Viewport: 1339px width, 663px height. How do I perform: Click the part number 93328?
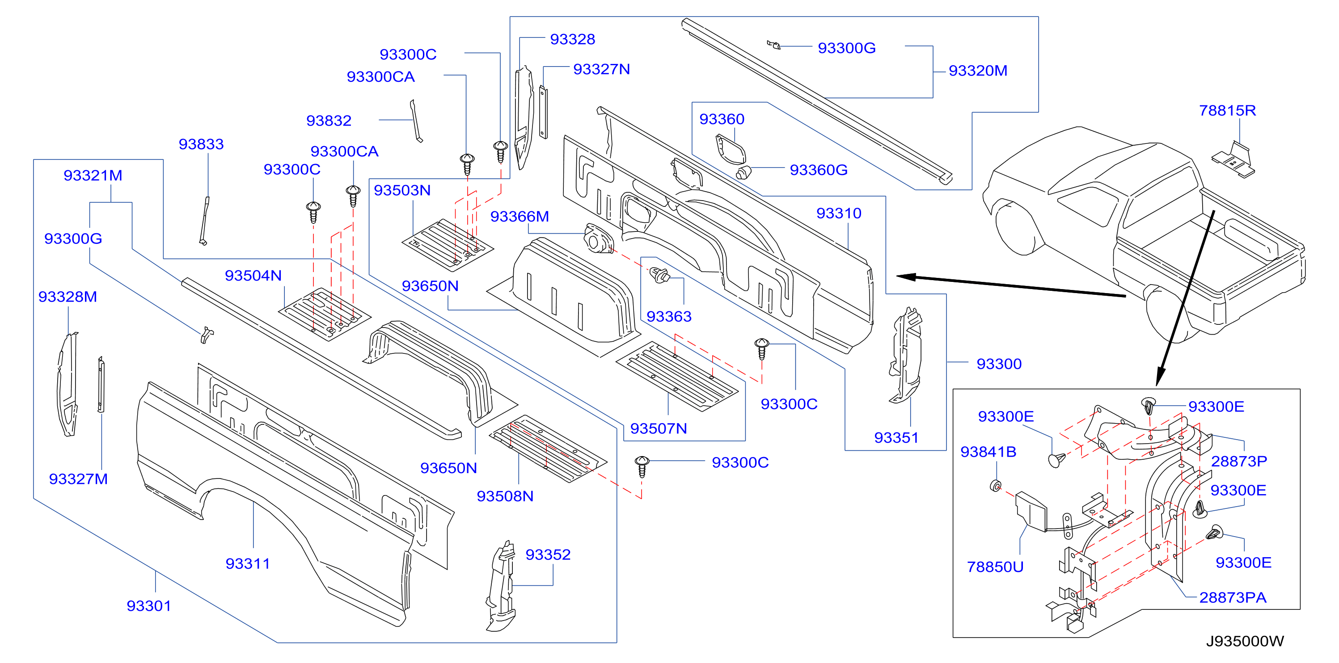point(572,39)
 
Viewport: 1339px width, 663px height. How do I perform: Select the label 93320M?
point(978,71)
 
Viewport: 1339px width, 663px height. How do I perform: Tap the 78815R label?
point(1227,111)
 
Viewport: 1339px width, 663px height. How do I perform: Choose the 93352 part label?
point(548,555)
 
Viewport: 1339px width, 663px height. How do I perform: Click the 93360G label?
point(819,170)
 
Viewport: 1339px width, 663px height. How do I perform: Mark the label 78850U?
point(995,567)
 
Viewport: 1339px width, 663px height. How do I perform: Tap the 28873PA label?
point(1233,597)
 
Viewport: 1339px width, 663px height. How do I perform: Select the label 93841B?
point(988,452)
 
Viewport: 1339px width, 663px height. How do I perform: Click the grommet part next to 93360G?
point(744,172)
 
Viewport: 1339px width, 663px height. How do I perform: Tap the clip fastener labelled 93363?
point(660,275)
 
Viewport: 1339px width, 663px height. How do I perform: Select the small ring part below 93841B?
point(995,486)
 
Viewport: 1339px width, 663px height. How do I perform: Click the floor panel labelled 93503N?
point(448,245)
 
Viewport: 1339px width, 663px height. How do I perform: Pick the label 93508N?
point(505,496)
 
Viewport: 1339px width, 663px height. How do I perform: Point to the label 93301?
point(149,606)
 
